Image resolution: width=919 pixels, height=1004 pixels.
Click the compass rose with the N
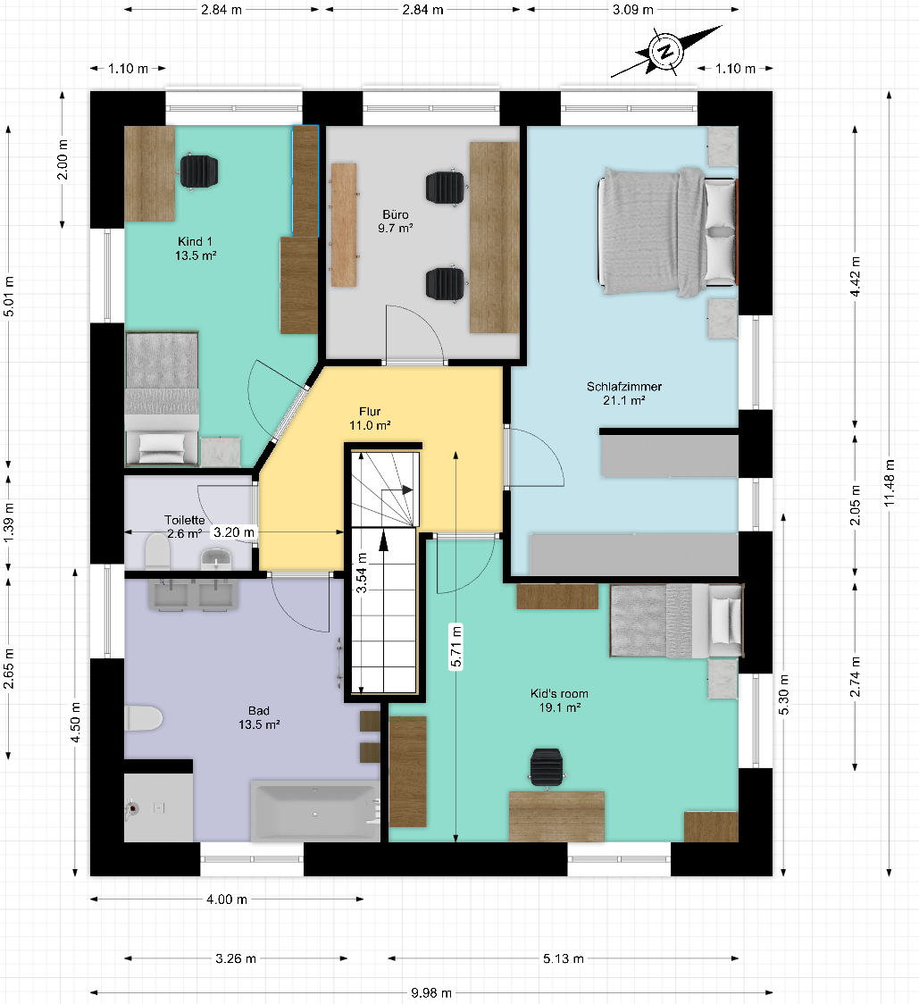(x=666, y=51)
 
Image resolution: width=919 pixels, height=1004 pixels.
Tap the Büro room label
(x=395, y=221)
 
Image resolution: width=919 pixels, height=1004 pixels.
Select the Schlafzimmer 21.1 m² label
(x=623, y=393)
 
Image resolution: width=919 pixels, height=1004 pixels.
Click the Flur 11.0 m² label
(x=370, y=418)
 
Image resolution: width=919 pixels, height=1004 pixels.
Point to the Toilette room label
(x=185, y=526)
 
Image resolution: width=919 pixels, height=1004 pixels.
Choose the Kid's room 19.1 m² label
(x=559, y=700)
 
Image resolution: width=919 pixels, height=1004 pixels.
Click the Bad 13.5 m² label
(x=259, y=717)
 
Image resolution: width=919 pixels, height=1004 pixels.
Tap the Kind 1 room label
(x=196, y=247)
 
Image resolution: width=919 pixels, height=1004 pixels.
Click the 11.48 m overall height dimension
(x=890, y=482)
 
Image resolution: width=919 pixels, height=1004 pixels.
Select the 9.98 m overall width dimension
(x=431, y=992)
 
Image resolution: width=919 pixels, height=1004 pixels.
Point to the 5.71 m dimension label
(x=455, y=647)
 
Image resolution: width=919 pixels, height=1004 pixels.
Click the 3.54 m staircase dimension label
(x=361, y=573)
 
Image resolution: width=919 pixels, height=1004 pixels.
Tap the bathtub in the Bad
(x=315, y=811)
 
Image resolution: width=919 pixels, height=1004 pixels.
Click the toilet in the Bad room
(x=143, y=718)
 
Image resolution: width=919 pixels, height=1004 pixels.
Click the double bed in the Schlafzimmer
(x=667, y=231)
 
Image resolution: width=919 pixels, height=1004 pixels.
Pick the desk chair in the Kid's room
(x=547, y=767)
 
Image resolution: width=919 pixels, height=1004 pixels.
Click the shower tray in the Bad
(x=158, y=807)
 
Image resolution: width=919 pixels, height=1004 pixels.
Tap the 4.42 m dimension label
(x=855, y=276)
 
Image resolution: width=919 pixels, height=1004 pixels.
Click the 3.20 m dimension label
(x=234, y=532)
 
